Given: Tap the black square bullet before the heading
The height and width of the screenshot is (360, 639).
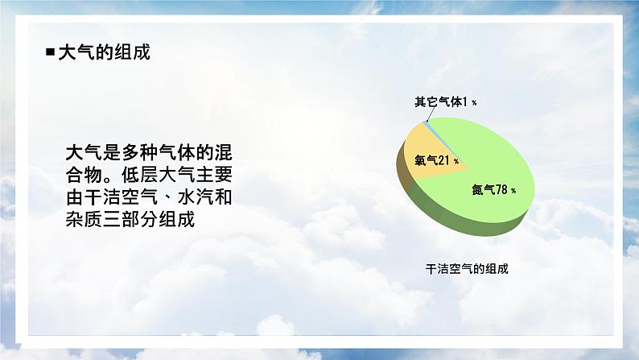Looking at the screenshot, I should click(x=51, y=52).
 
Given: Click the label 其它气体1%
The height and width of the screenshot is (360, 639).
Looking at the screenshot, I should click(x=445, y=102).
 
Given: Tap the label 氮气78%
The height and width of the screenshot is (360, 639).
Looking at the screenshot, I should click(x=493, y=190).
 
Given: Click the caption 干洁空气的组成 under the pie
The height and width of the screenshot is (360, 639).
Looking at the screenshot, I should click(x=467, y=269).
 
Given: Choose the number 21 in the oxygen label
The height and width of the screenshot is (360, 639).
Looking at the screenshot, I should click(x=445, y=160).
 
